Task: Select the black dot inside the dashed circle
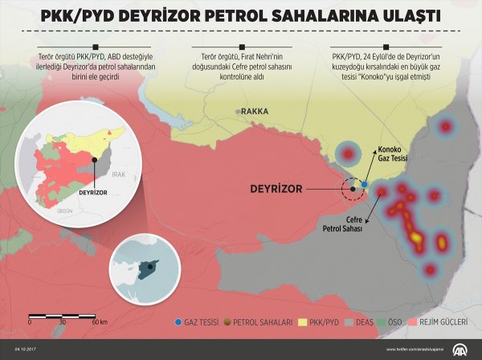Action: click(x=352, y=189)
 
